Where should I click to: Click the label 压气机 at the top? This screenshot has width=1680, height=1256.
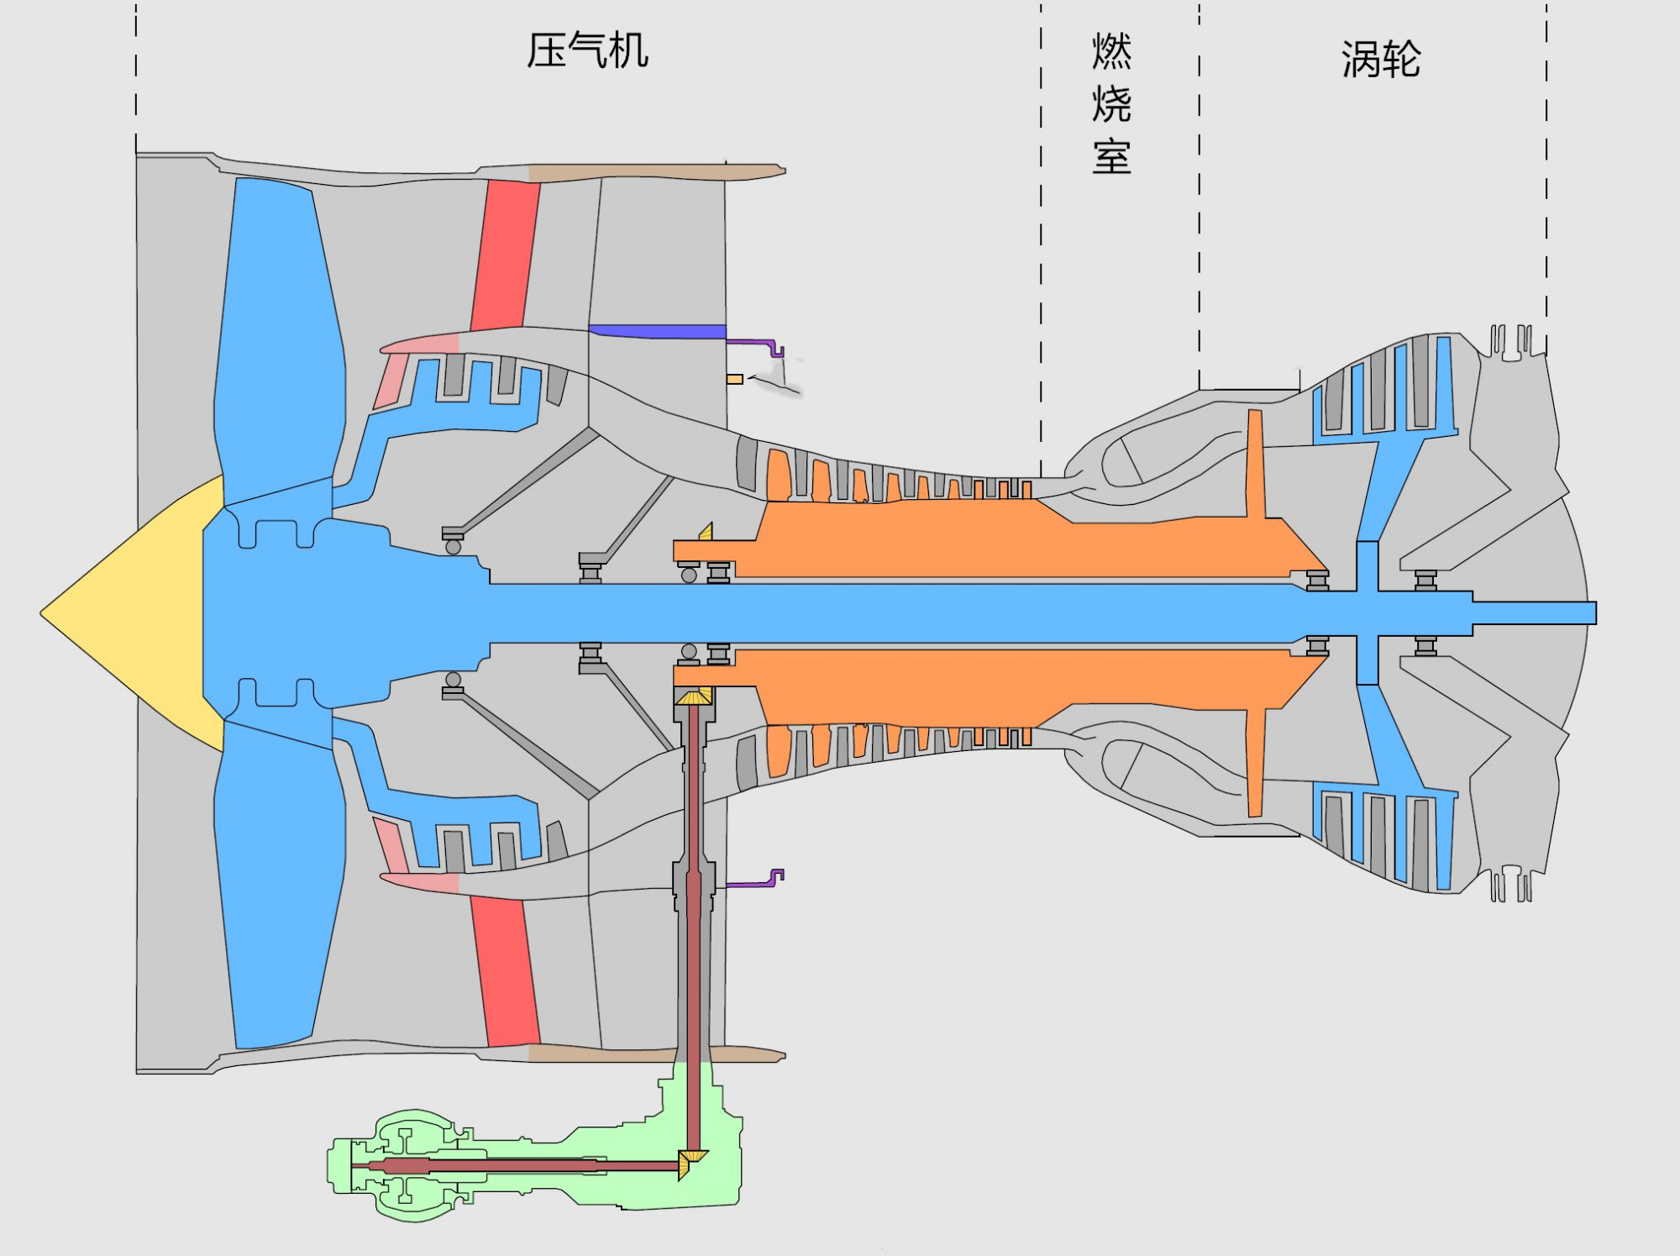click(x=587, y=50)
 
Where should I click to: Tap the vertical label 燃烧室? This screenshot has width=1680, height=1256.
click(x=1111, y=103)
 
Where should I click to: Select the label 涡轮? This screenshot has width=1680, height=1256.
click(x=1380, y=60)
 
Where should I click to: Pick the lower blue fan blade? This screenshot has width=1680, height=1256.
click(x=277, y=891)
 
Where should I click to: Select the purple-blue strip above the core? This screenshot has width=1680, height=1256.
click(x=659, y=331)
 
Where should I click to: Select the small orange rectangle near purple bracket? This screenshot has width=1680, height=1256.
click(x=735, y=379)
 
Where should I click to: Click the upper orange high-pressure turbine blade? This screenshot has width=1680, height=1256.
click(x=1256, y=462)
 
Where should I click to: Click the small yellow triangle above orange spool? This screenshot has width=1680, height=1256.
click(x=706, y=532)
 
